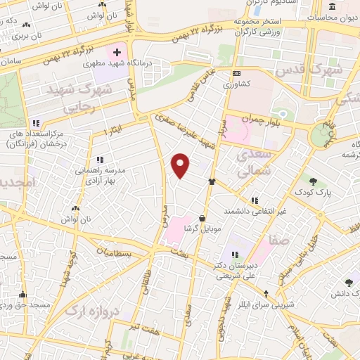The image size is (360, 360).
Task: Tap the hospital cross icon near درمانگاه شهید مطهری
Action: click(117, 53)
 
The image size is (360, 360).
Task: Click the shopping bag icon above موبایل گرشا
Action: click(202, 218)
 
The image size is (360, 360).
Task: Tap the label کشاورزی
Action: click(237, 84)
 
